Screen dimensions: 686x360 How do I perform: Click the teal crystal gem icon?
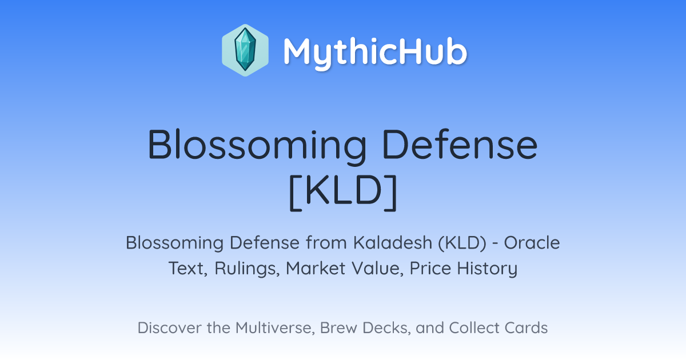tap(245, 50)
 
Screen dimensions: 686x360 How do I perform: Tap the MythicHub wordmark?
tap(375, 53)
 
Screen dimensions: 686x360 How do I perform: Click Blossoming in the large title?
tap(257, 146)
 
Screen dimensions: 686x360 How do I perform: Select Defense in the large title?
tap(460, 144)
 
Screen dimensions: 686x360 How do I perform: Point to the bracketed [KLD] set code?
tap(344, 193)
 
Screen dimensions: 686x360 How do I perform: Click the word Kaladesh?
tap(393, 242)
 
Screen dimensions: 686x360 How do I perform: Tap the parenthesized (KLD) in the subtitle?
tap(462, 243)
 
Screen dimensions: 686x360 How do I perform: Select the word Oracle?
tap(532, 242)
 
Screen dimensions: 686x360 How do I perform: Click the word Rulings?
tap(247, 269)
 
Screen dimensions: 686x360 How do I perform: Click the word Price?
tap(430, 268)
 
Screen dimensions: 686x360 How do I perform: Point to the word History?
tap(487, 269)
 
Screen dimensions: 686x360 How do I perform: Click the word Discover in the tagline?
tap(169, 327)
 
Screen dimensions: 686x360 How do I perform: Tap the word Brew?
tap(338, 327)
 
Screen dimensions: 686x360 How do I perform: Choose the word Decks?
tap(386, 328)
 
